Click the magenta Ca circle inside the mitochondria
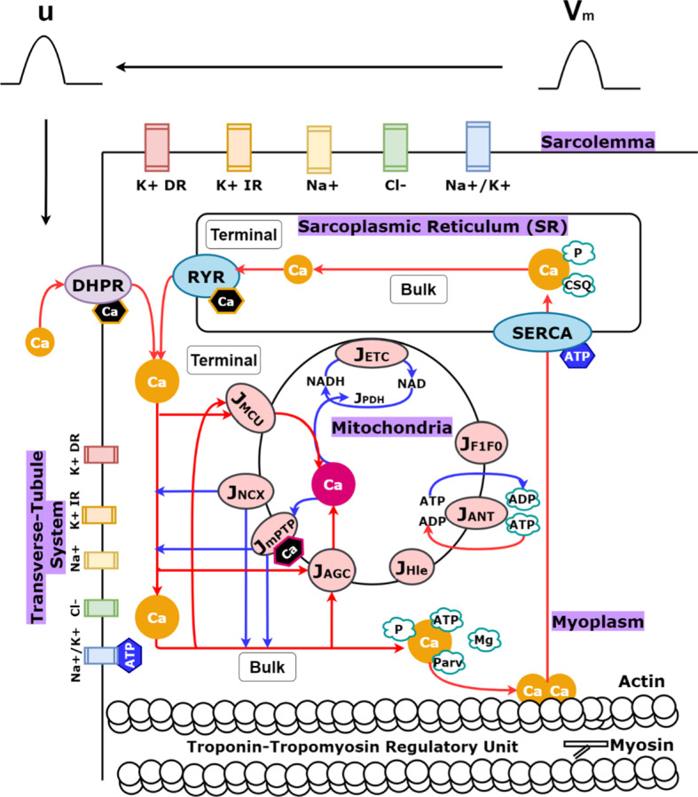[333, 485]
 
